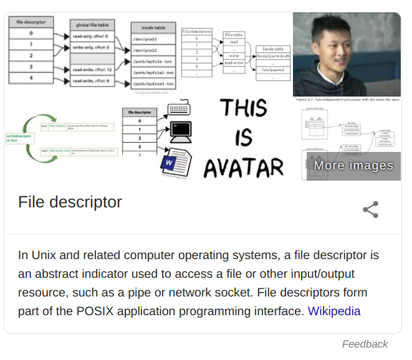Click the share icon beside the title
click(x=370, y=210)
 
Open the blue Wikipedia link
click(x=333, y=311)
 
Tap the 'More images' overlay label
click(x=353, y=165)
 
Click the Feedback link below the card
click(x=365, y=344)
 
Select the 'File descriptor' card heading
click(x=70, y=202)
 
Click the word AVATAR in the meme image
click(x=244, y=167)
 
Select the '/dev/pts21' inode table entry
click(x=151, y=39)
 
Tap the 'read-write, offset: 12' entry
click(x=92, y=70)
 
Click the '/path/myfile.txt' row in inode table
click(x=153, y=61)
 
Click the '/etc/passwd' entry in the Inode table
click(x=273, y=70)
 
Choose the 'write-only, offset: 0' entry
click(x=92, y=47)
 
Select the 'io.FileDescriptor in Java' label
click(x=21, y=138)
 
